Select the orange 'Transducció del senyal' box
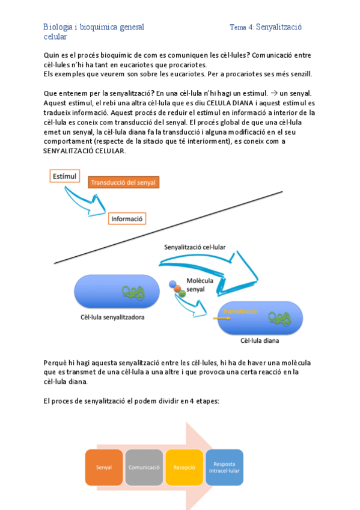click(x=124, y=182)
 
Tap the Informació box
click(x=127, y=219)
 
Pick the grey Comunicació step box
click(x=144, y=467)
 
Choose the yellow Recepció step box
click(x=184, y=467)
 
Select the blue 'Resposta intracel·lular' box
click(x=224, y=467)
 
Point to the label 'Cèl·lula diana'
click(x=260, y=340)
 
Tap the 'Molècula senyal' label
click(x=200, y=284)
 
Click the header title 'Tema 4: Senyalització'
click(x=266, y=27)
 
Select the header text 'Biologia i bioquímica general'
click(x=93, y=27)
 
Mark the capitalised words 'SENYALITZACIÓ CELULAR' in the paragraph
click(x=85, y=150)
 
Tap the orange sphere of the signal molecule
click(x=177, y=289)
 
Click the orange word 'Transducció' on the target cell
click(x=240, y=311)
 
